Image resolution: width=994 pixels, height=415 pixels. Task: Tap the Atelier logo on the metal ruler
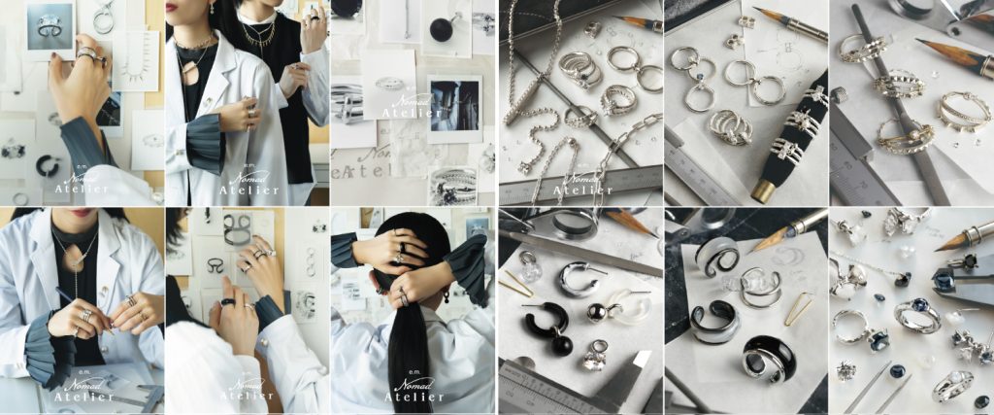coord(580,185)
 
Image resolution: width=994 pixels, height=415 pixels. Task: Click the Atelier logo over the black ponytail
coord(414,390)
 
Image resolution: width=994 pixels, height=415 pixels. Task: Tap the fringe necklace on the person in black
coord(259,36)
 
